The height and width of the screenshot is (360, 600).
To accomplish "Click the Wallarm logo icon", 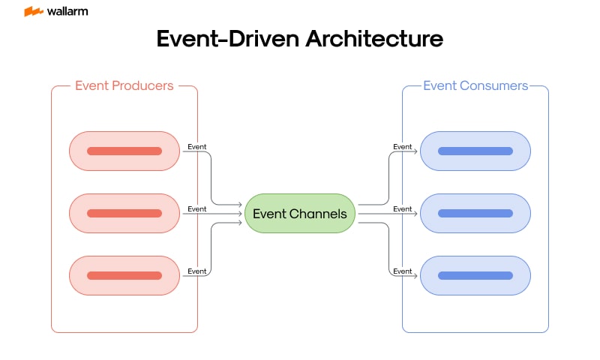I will pyautogui.click(x=33, y=11).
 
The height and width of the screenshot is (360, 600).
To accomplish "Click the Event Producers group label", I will pyautogui.click(x=124, y=85).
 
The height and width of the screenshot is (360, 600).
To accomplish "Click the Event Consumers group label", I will pyautogui.click(x=475, y=85).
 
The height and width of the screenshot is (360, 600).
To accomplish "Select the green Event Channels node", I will pyautogui.click(x=300, y=214).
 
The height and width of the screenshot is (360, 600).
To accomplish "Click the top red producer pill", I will pyautogui.click(x=124, y=151).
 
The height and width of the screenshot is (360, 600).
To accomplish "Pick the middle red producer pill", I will pyautogui.click(x=124, y=213).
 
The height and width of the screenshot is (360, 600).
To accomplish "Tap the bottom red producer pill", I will pyautogui.click(x=124, y=275).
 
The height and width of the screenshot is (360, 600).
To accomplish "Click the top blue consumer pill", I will pyautogui.click(x=475, y=151).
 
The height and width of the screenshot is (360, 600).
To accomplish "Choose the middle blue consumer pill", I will pyautogui.click(x=475, y=213).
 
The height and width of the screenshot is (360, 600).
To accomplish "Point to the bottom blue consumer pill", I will pyautogui.click(x=475, y=275).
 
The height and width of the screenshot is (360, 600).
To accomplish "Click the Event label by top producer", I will pyautogui.click(x=196, y=146).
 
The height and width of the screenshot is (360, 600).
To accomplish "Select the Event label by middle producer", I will pyautogui.click(x=196, y=208).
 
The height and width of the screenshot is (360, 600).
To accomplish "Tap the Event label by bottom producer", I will pyautogui.click(x=196, y=271).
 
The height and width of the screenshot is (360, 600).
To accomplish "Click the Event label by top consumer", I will pyautogui.click(x=403, y=146).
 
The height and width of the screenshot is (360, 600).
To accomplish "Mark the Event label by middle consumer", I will pyautogui.click(x=403, y=208).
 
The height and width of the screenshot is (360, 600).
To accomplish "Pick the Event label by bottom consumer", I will pyautogui.click(x=403, y=271).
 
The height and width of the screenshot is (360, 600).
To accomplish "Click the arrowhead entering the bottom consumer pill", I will pyautogui.click(x=416, y=275).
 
